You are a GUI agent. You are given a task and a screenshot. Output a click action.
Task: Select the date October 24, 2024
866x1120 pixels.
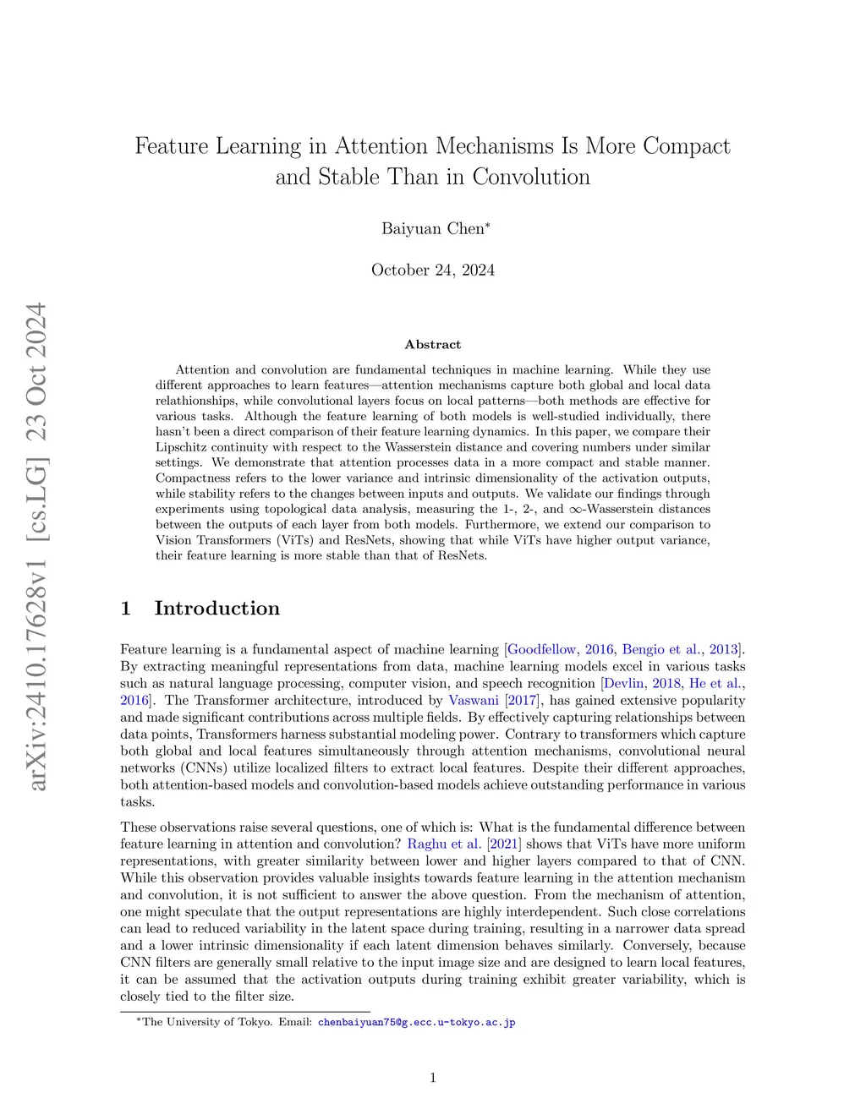pos(433,270)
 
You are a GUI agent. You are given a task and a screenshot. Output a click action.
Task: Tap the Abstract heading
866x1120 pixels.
pos(433,345)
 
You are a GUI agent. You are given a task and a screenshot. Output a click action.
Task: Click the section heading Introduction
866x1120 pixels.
pos(216,609)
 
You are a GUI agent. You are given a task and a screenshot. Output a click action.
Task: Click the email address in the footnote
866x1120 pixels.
pos(416,1022)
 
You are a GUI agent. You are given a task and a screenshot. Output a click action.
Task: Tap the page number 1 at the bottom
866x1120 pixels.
pos(433,1078)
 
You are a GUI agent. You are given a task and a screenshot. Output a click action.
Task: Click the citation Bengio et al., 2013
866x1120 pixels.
pos(682,649)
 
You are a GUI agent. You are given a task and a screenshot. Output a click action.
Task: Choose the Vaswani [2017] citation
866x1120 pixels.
pos(493,700)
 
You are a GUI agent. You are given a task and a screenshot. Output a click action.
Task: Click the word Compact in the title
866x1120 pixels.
pos(686,146)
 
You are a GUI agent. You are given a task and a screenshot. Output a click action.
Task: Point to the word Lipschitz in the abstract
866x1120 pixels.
pos(182,447)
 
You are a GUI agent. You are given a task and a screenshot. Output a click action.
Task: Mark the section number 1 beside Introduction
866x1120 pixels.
pos(126,609)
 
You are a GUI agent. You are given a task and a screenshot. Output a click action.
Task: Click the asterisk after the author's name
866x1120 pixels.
pos(487,225)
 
